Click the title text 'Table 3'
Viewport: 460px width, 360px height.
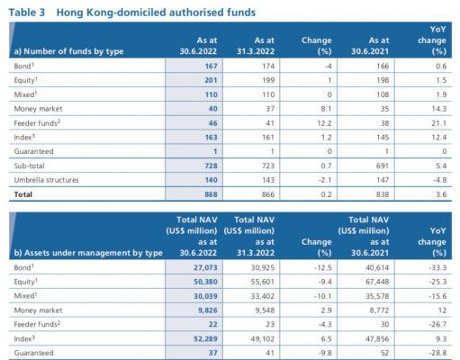pos(27,13)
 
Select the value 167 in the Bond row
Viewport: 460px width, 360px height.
pos(211,66)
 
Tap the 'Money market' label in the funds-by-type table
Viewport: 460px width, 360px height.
pos(38,109)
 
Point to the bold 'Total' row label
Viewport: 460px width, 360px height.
pos(23,194)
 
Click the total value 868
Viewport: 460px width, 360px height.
pos(211,194)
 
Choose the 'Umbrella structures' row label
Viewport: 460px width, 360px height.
pos(46,180)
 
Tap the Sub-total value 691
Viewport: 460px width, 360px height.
pos(383,166)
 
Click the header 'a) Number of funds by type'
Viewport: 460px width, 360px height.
pos(68,51)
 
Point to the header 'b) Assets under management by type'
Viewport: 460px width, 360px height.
pos(88,253)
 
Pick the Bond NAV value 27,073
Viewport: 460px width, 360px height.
pos(205,267)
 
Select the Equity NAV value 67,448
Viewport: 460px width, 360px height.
pos(377,282)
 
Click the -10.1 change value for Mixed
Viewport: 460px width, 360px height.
pos(323,296)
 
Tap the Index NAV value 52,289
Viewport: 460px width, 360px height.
pos(205,338)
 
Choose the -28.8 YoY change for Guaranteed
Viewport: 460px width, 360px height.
pos(437,353)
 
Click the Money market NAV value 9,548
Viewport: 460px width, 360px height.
pos(265,310)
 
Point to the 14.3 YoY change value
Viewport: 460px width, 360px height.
pos(439,109)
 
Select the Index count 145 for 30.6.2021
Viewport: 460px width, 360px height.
pos(383,138)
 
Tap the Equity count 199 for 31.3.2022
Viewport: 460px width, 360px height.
pos(268,80)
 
